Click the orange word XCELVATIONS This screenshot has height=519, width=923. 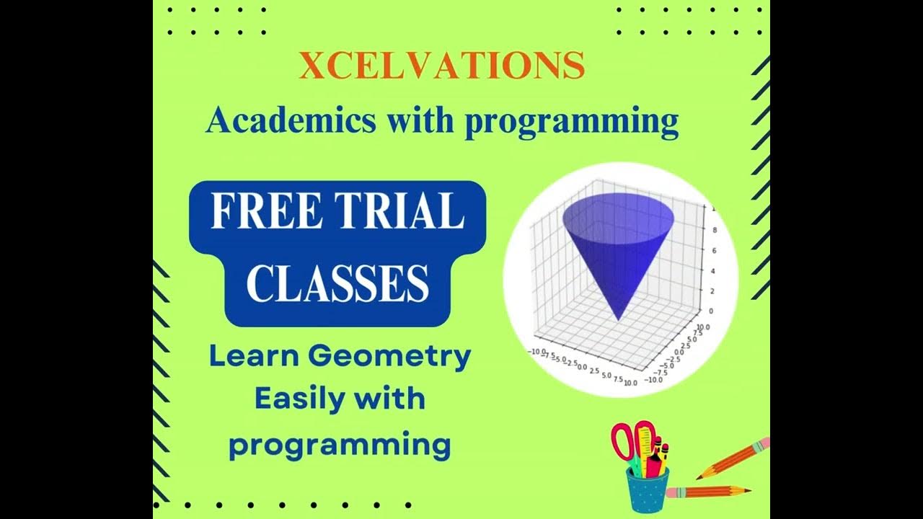point(441,66)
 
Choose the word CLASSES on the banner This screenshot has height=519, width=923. point(337,283)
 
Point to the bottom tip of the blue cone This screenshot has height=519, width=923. point(618,319)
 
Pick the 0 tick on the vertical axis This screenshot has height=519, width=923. point(710,311)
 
